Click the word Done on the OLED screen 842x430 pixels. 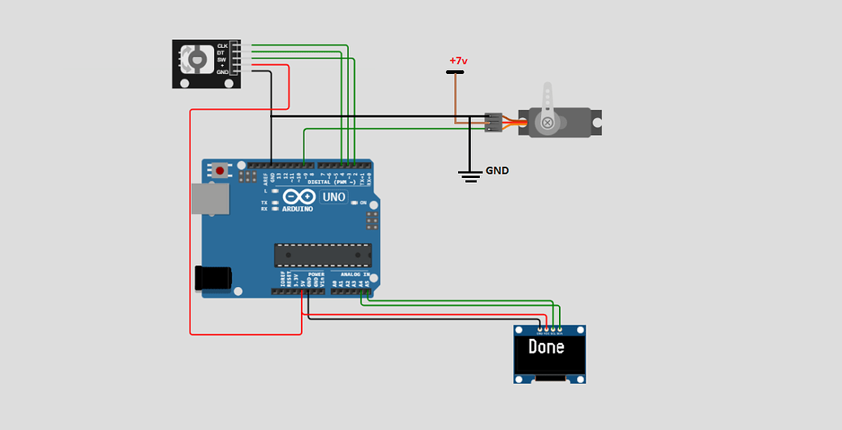click(546, 347)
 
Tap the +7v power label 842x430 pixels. click(459, 61)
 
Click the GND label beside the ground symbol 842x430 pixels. click(497, 171)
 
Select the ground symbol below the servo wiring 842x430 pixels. click(470, 175)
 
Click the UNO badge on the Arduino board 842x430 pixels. click(334, 197)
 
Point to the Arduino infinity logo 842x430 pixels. click(299, 197)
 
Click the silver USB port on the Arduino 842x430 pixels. click(209, 198)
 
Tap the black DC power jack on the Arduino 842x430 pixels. click(213, 278)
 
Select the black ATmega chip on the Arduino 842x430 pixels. click(322, 255)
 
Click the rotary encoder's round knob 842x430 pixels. click(197, 59)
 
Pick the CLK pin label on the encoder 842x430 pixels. click(222, 46)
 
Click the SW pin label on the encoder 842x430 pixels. click(221, 59)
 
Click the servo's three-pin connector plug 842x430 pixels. click(493, 122)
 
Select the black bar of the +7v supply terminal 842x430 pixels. click(455, 72)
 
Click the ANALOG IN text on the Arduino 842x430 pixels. click(355, 275)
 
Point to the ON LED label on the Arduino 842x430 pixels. click(363, 202)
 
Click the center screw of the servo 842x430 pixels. click(548, 123)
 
